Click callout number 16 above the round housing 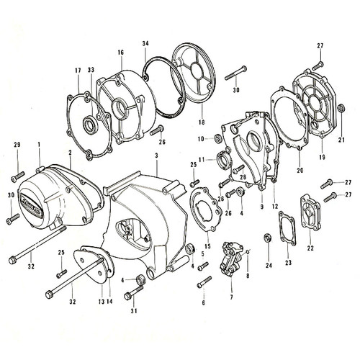(x=120, y=53)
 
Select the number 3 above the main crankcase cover (x=156, y=156)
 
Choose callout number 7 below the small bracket (x=231, y=297)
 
